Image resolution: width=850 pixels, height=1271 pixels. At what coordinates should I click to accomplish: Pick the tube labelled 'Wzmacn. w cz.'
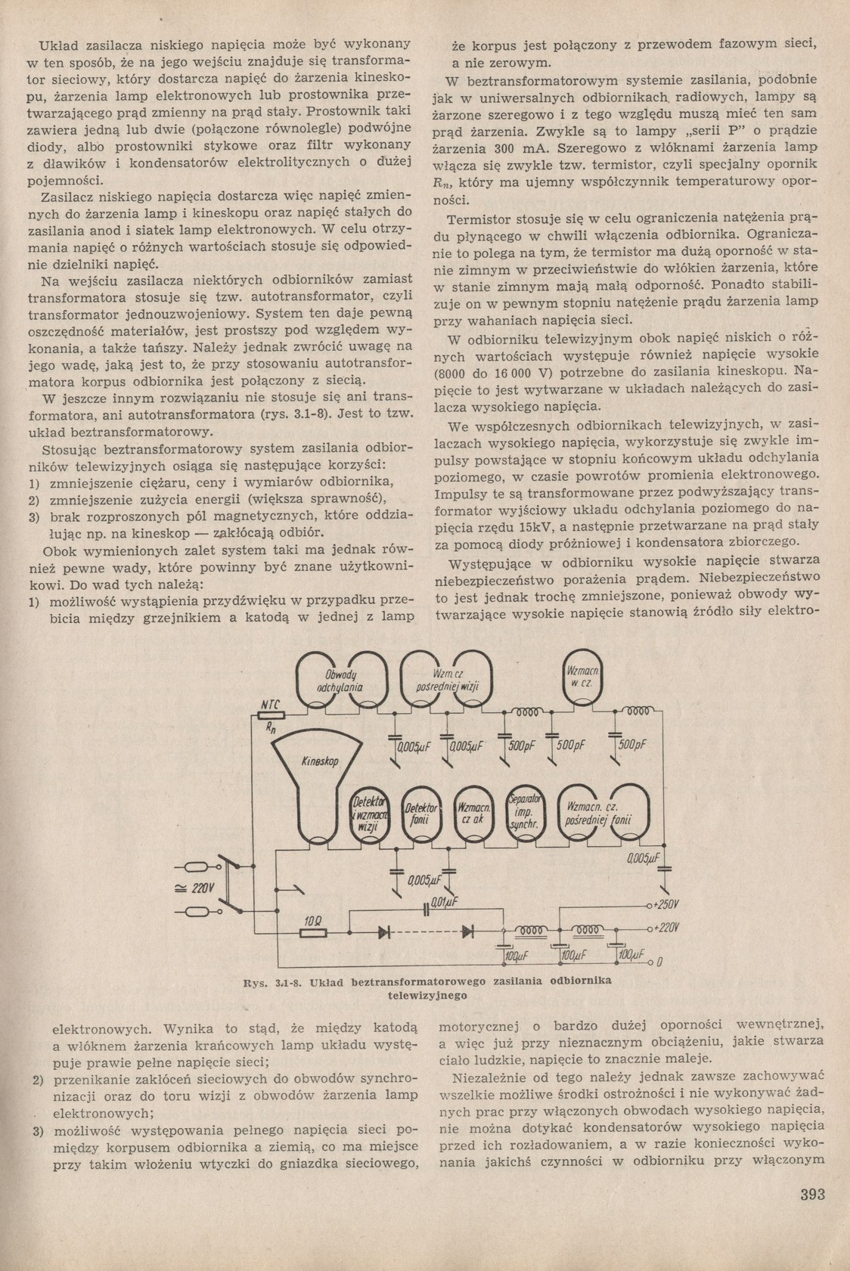(x=584, y=677)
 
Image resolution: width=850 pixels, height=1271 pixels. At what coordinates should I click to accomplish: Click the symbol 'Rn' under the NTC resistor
(x=269, y=728)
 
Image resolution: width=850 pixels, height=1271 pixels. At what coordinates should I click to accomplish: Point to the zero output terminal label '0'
(x=659, y=963)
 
